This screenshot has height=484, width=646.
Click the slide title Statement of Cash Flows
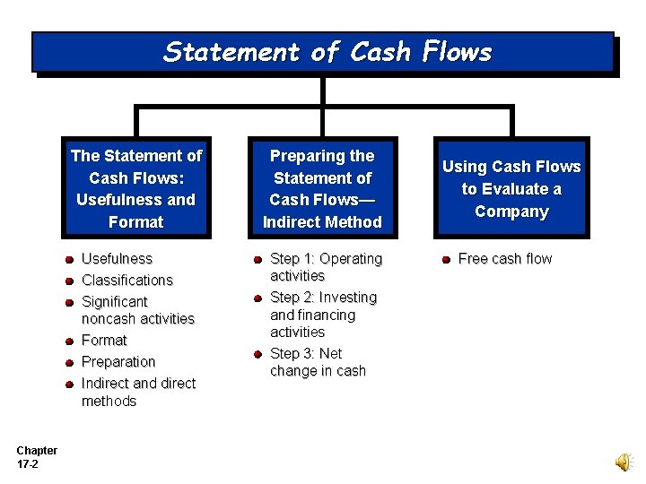click(x=327, y=52)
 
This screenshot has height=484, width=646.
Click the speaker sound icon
click(x=623, y=462)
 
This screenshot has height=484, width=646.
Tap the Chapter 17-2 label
click(x=36, y=457)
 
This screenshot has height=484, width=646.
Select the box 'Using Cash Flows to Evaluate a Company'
click(x=511, y=189)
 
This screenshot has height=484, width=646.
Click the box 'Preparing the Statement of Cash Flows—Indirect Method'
click(x=322, y=189)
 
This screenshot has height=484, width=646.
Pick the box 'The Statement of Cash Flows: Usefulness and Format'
click(x=136, y=189)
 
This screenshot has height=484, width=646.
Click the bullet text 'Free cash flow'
click(x=504, y=259)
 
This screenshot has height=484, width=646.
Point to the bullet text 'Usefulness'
click(x=117, y=259)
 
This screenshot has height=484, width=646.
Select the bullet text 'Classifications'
click(x=127, y=281)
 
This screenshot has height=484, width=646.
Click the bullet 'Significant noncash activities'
click(x=137, y=310)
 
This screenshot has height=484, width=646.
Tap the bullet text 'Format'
click(x=104, y=341)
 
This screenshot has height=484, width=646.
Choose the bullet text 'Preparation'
click(x=118, y=362)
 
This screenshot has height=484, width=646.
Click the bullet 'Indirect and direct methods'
click(x=137, y=393)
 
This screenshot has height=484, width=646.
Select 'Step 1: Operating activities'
click(x=325, y=267)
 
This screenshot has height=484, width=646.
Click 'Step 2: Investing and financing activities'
click(x=323, y=315)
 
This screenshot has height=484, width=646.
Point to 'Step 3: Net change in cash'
click(x=318, y=362)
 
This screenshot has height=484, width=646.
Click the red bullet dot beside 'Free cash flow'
click(x=446, y=260)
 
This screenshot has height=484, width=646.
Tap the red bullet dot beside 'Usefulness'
click(x=69, y=260)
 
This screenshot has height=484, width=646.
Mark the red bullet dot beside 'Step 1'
click(x=258, y=260)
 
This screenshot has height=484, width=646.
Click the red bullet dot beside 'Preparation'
click(x=69, y=363)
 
